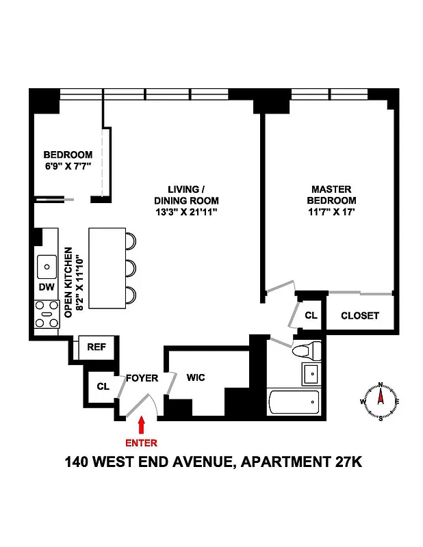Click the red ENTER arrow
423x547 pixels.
point(141,425)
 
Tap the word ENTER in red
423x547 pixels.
point(141,443)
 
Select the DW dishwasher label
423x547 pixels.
point(47,287)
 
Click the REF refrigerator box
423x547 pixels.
point(97,347)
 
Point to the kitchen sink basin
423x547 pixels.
point(47,263)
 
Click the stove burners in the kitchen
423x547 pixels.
point(47,317)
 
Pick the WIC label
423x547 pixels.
point(196,377)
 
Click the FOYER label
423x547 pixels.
point(142,378)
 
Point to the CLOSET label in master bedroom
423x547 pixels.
point(360,316)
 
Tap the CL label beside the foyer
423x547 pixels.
point(103,387)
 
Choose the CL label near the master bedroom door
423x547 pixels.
point(311,316)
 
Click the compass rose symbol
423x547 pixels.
point(380,401)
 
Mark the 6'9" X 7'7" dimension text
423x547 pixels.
point(68,166)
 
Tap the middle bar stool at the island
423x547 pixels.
point(131,267)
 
